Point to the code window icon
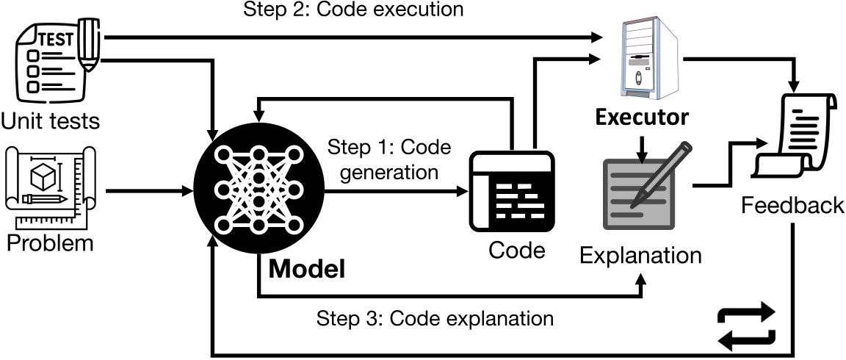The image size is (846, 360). click(511, 190)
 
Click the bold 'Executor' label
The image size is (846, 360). click(642, 117)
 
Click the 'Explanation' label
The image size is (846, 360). click(640, 255)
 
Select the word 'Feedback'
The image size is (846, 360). click(792, 205)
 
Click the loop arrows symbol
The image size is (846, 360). click(745, 325)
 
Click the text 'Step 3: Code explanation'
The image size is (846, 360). click(434, 319)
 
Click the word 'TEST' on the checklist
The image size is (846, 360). click(54, 40)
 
